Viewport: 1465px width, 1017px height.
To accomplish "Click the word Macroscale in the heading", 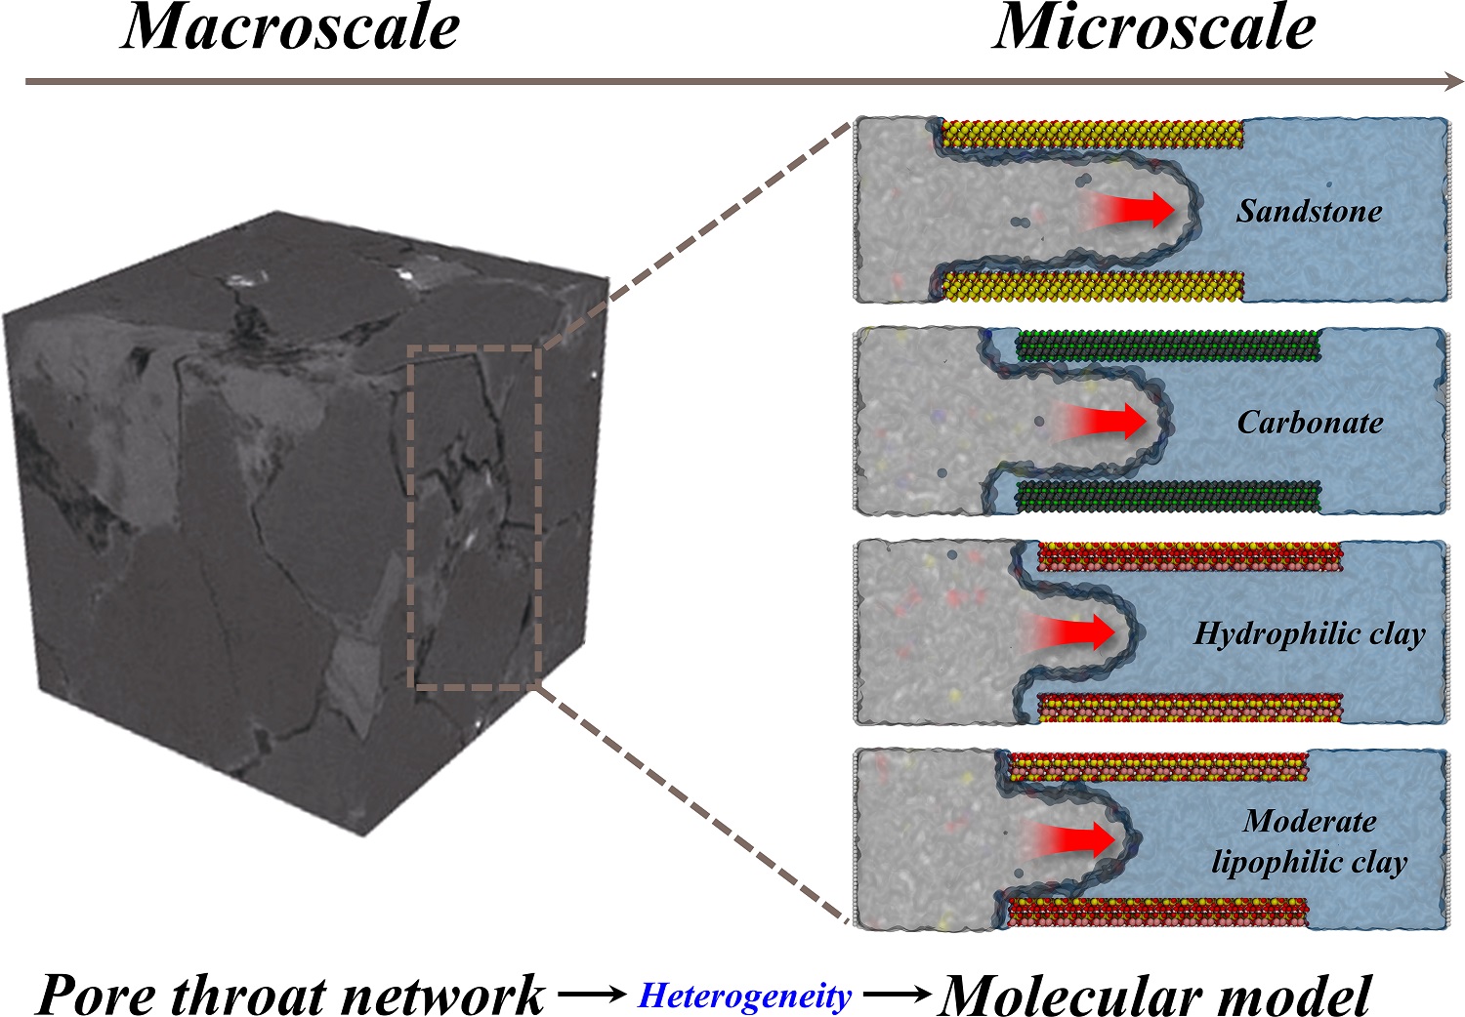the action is [291, 27].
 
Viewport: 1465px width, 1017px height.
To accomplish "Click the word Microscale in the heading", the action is [1154, 27].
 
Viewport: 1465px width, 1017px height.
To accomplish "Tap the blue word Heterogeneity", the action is [745, 996].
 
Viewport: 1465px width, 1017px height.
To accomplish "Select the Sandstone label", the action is [1309, 211].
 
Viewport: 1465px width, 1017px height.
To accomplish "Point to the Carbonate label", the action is [1310, 423].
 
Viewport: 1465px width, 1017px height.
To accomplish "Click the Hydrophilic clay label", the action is [1310, 634].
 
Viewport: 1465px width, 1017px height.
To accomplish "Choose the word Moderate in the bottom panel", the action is [1310, 821].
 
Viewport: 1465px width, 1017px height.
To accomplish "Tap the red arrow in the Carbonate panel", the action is [1100, 421].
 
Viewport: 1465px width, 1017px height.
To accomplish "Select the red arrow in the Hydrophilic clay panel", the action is [1068, 631].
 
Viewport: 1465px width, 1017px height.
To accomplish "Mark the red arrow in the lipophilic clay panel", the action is [1068, 839].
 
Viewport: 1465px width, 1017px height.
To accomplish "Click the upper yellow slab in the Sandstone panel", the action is [1092, 134].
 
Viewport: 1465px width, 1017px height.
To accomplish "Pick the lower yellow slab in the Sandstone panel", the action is [1092, 286].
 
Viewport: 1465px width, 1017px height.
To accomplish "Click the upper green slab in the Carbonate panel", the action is [1168, 346].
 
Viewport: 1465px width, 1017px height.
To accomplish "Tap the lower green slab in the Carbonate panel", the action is [1168, 496].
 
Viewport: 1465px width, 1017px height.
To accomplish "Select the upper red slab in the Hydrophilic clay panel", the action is [1191, 556].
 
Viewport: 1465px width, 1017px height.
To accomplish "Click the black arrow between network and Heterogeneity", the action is [592, 995].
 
